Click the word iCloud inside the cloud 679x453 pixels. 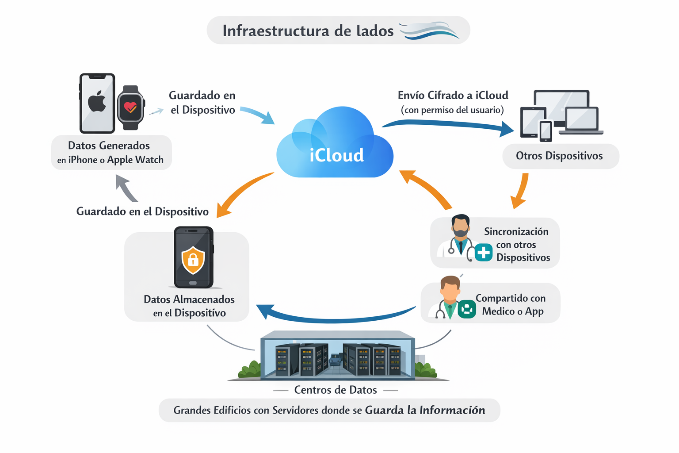pyautogui.click(x=336, y=155)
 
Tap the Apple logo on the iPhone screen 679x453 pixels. pyautogui.click(x=97, y=102)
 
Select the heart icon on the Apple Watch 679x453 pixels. pyautogui.click(x=130, y=107)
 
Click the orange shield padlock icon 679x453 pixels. pyautogui.click(x=193, y=261)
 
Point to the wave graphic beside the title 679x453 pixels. pyautogui.click(x=429, y=31)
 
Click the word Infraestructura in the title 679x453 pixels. pyautogui.click(x=276, y=31)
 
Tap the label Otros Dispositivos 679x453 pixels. pyautogui.click(x=559, y=156)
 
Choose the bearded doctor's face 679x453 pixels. pyautogui.click(x=461, y=227)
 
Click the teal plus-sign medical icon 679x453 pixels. pyautogui.click(x=483, y=253)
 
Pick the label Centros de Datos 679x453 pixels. pyautogui.click(x=336, y=390)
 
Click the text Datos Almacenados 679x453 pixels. pyautogui.click(x=189, y=299)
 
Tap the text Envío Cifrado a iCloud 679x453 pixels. pyautogui.click(x=453, y=96)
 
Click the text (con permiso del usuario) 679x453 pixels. pyautogui.click(x=452, y=110)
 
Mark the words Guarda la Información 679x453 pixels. pyautogui.click(x=425, y=410)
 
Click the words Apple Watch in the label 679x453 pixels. pyautogui.click(x=135, y=160)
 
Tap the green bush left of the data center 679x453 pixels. pyautogui.click(x=250, y=369)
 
